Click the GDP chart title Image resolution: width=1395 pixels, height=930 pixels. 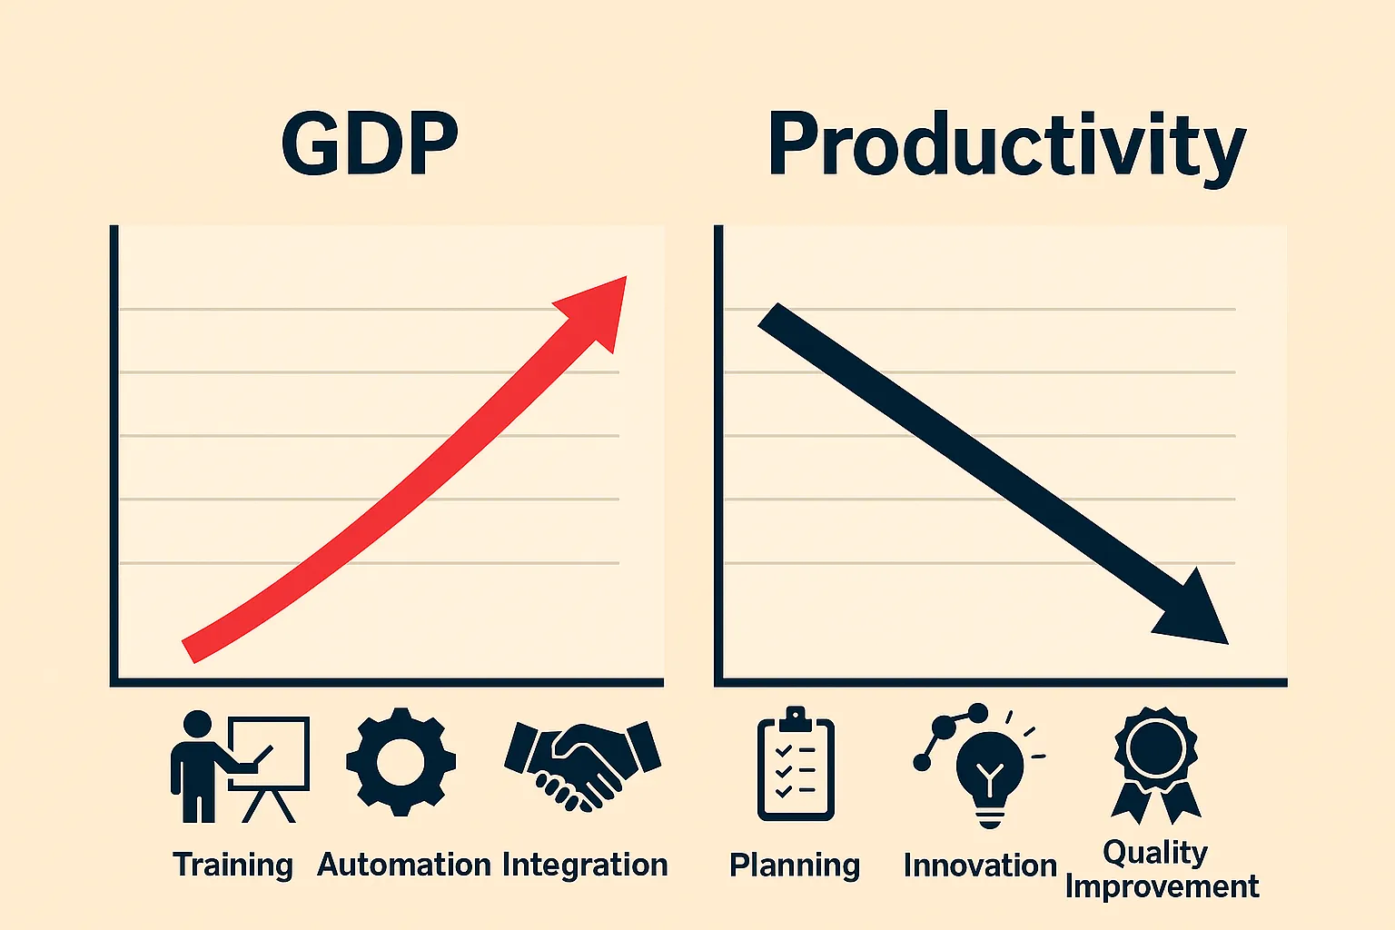point(370,143)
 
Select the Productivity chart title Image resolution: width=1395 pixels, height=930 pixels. point(1006,145)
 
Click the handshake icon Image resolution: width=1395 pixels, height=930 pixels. point(582,761)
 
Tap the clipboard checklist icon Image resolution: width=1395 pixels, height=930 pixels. point(795,765)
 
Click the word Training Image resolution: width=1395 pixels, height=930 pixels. point(232,865)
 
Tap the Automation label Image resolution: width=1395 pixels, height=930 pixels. point(403,865)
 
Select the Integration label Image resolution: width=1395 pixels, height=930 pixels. point(584,865)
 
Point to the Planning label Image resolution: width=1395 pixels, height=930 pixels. point(795,866)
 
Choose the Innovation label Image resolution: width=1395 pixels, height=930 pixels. point(980,866)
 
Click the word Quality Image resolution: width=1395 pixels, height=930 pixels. point(1155,852)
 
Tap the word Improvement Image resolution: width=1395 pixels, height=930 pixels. point(1162,886)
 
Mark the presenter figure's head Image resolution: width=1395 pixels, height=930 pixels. point(197,725)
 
